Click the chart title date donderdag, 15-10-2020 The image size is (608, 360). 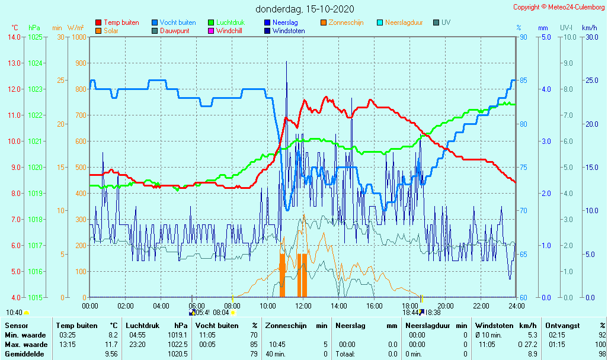pyautogui.click(x=304, y=9)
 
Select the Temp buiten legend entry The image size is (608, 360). pyautogui.click(x=121, y=22)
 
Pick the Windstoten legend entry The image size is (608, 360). pyautogui.click(x=289, y=31)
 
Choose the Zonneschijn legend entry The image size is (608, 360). pyautogui.click(x=346, y=22)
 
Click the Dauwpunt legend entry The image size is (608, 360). pyautogui.click(x=175, y=31)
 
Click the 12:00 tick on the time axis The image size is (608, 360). pyautogui.click(x=303, y=306)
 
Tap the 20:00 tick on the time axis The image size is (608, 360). pyautogui.click(x=445, y=306)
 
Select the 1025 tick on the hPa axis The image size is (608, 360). pyautogui.click(x=35, y=37)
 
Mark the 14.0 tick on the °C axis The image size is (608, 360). pyautogui.click(x=14, y=37)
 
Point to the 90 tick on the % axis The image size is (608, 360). pyautogui.click(x=523, y=37)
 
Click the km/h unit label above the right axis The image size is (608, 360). pyautogui.click(x=589, y=28)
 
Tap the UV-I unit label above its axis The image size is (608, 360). pyautogui.click(x=567, y=28)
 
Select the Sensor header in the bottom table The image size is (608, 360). pyautogui.click(x=16, y=325)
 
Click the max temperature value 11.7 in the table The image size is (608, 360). pyautogui.click(x=111, y=344)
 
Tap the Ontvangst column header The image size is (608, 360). pyautogui.click(x=563, y=325)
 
